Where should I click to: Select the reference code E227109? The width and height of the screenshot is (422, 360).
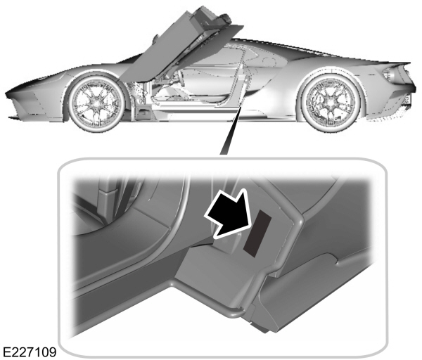point(30,350)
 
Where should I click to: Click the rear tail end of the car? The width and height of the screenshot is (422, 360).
point(406,84)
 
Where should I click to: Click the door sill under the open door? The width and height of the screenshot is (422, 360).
point(190,112)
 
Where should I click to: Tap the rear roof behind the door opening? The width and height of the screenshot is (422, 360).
point(281,53)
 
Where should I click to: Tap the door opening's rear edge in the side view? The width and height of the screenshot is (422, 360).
point(245,84)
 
